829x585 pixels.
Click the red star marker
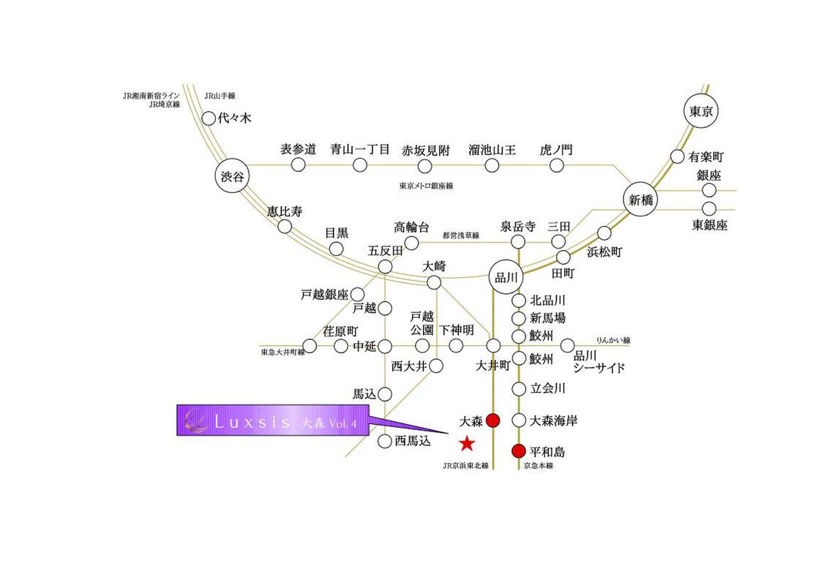466,443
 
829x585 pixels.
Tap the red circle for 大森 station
493,420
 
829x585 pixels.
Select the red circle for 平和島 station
519,451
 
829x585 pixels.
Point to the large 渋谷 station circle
233,176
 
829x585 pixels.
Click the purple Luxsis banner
273,420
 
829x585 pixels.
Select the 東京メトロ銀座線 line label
426,186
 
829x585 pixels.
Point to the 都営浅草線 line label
460,235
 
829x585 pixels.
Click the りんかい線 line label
613,341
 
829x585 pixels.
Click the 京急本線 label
539,465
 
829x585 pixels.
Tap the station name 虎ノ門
555,150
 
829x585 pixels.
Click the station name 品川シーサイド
599,361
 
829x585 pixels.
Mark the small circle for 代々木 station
209,118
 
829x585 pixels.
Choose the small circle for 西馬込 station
385,441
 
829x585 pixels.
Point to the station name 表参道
298,149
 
